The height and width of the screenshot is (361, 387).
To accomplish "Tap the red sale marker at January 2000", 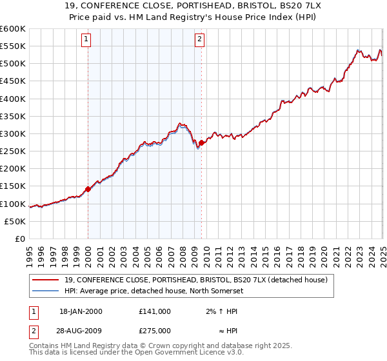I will coord(88,190).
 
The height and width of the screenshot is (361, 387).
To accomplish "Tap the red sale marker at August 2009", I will coord(202,142).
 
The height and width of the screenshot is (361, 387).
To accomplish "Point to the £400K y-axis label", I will coord(13,99).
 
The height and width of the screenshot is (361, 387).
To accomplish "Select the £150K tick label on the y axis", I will coord(13,186).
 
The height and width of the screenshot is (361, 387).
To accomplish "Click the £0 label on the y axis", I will coord(20,239).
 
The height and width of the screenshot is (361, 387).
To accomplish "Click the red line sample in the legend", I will coord(46,280).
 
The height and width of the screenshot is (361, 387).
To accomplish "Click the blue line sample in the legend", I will coord(46,291).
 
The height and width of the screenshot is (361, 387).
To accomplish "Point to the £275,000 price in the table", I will coord(155,330).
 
